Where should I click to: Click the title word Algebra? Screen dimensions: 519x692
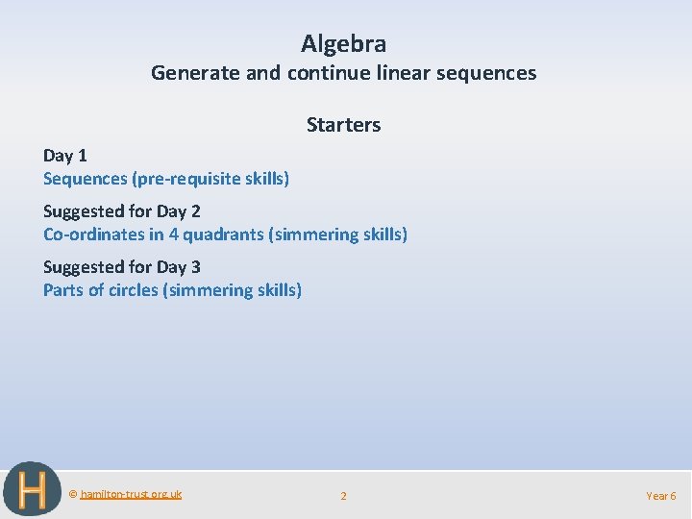343,43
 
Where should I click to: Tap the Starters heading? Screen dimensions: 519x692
343,125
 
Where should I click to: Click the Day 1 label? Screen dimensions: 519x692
64,156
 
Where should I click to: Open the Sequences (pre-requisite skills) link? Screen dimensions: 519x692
166,179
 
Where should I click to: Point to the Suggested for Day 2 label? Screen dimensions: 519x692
121,211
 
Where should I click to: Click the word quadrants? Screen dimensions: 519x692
221,235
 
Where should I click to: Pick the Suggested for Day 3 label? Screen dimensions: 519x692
121,267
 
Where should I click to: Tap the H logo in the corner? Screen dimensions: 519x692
32,490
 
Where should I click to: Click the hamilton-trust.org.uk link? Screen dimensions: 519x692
131,494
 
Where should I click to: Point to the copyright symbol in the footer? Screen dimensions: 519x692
73,494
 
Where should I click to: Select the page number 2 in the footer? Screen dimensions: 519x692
343,496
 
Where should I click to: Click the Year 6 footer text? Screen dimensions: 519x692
660,496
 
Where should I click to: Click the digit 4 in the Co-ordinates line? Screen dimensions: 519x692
173,235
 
